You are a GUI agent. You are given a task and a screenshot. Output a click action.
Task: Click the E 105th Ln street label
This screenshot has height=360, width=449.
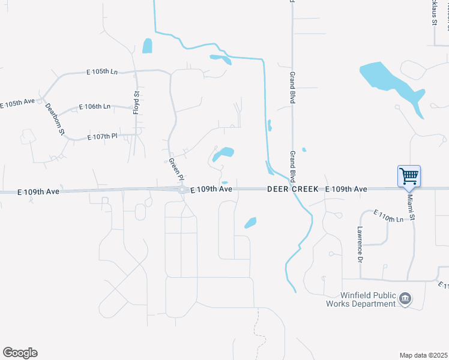tap(102, 72)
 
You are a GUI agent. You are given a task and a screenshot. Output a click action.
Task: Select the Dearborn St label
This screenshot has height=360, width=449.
tap(55, 120)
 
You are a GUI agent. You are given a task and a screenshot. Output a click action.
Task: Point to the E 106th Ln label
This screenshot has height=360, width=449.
tap(95, 107)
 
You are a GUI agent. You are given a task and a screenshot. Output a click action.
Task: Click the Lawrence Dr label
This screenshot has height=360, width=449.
tap(360, 245)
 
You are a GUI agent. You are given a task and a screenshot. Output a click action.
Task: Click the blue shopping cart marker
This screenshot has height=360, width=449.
tap(409, 176)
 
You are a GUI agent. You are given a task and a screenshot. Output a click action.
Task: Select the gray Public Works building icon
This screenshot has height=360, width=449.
tap(405, 299)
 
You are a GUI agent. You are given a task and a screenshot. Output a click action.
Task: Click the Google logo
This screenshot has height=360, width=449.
tap(20, 353)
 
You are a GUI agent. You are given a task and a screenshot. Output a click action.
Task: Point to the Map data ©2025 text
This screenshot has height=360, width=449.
tap(424, 355)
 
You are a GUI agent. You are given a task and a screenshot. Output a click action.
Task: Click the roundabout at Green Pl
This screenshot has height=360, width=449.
tap(182, 190)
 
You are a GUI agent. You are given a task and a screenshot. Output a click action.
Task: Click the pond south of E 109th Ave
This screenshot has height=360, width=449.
tap(250, 223)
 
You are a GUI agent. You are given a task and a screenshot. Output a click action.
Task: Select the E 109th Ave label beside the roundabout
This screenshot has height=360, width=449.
tap(211, 189)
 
